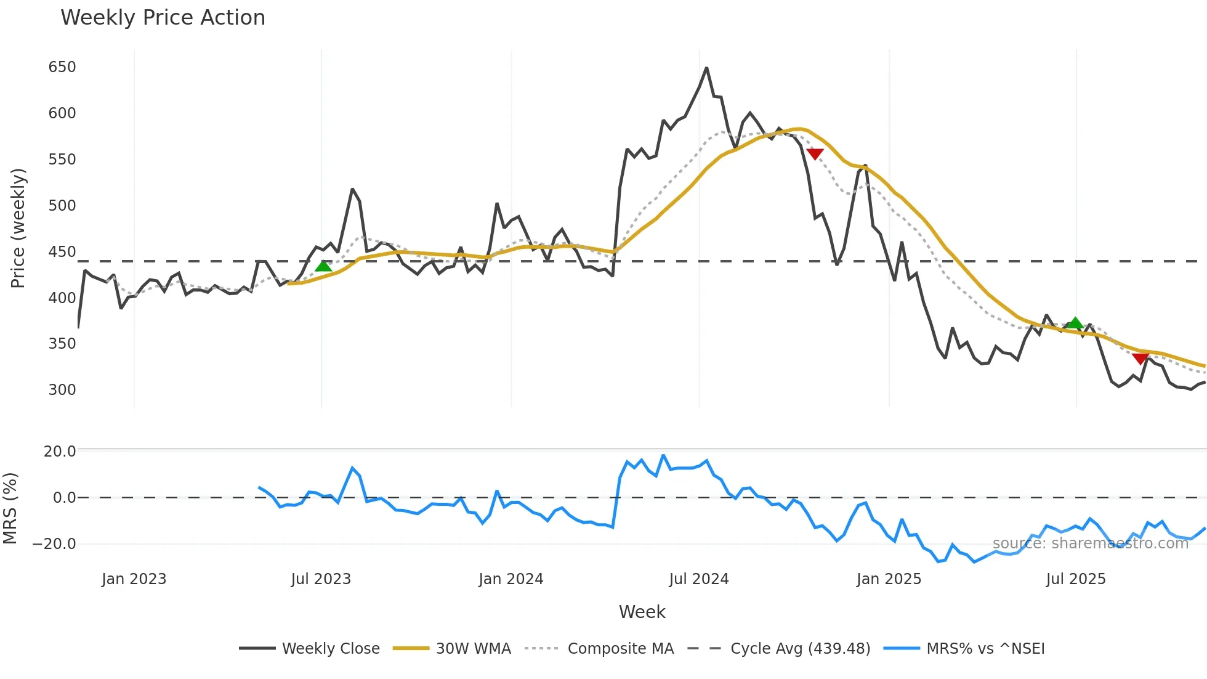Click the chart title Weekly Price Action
tap(163, 18)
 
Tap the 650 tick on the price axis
tap(62, 67)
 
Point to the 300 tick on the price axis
tap(62, 390)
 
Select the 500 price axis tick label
tap(62, 206)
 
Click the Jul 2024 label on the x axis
tap(698, 579)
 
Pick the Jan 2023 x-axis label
tap(134, 579)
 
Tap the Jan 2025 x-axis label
tap(888, 579)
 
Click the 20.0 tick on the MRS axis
tap(60, 452)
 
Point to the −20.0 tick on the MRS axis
tap(54, 544)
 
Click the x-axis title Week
tap(642, 612)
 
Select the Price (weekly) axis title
tap(18, 228)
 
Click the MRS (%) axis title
tap(10, 508)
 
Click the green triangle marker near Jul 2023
tap(323, 266)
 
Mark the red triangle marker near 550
tap(815, 153)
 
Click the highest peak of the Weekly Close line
tap(706, 68)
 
